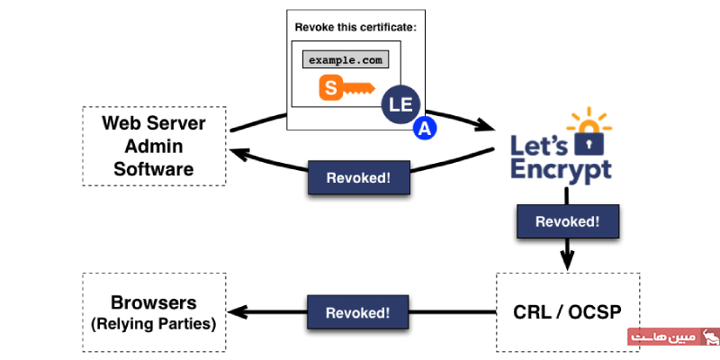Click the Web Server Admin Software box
click(153, 146)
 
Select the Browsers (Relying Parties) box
click(153, 311)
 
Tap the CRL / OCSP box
click(567, 312)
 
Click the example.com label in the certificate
click(347, 60)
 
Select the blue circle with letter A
click(424, 129)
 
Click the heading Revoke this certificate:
click(355, 27)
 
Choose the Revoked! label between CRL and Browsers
click(357, 312)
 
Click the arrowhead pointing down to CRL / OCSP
click(567, 262)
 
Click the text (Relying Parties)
click(153, 321)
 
